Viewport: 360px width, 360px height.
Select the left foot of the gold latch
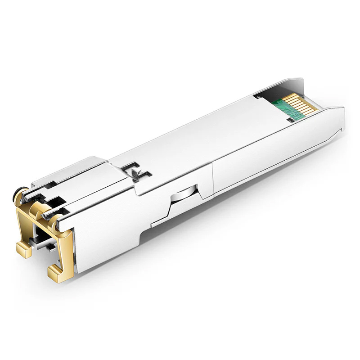[x=23, y=249]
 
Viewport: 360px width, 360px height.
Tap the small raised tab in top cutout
[x=135, y=171]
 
